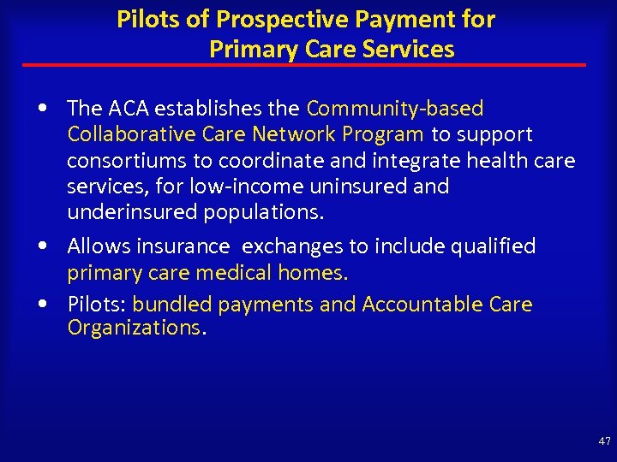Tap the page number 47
[604, 441]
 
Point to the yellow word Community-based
[394, 109]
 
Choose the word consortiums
[127, 161]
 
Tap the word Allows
[95, 246]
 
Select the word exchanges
[292, 246]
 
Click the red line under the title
[304, 65]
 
